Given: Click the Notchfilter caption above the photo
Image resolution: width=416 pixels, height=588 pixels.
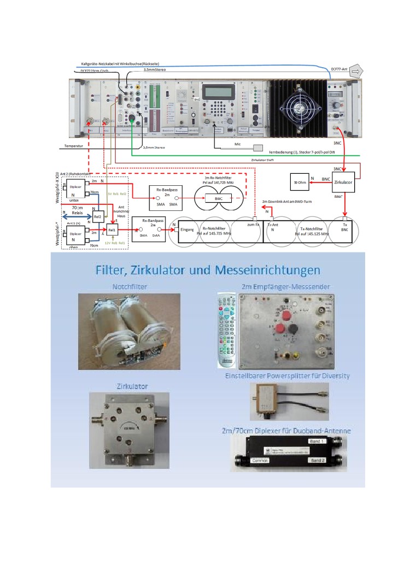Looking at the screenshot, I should pos(130,286).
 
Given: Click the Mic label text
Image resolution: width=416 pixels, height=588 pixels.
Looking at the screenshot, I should pos(238,145).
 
